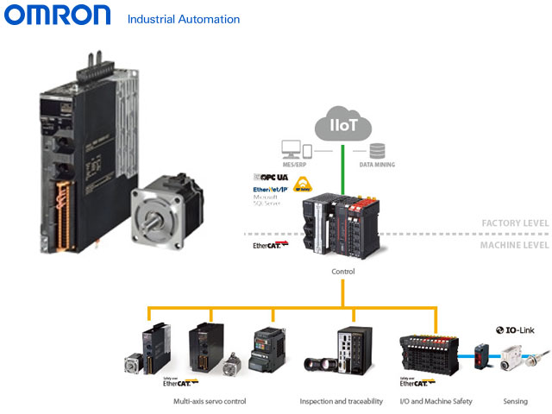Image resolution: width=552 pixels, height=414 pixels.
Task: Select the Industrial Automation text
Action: click(183, 18)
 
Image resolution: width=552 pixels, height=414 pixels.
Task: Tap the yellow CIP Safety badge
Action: click(302, 184)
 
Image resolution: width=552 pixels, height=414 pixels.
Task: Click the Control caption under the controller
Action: click(343, 271)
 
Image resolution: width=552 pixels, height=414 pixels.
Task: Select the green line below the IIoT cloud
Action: click(344, 168)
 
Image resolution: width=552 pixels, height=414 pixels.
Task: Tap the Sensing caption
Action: click(515, 401)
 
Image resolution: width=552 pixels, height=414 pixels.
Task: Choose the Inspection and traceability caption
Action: click(341, 401)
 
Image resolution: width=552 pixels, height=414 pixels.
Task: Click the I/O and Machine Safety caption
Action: click(436, 401)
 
